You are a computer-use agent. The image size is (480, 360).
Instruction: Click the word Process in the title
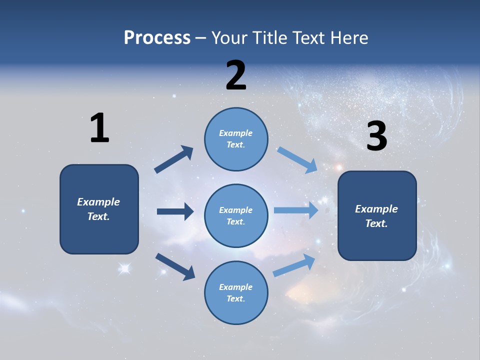[x=157, y=38]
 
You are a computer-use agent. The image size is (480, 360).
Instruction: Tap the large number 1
[x=99, y=128]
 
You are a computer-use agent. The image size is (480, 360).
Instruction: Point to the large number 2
[x=236, y=75]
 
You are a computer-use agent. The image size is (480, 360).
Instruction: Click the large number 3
[x=376, y=136]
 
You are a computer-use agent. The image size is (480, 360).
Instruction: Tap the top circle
[x=236, y=138]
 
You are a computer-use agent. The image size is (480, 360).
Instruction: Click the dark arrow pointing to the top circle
[x=174, y=159]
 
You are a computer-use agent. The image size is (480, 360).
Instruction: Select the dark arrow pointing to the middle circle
[x=175, y=211]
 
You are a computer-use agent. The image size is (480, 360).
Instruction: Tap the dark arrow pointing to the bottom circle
[x=175, y=266]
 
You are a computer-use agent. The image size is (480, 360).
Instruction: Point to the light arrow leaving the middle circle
[x=296, y=210]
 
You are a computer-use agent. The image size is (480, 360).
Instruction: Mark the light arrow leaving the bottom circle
[x=294, y=265]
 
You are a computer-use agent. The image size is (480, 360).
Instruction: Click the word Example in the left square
[x=98, y=202]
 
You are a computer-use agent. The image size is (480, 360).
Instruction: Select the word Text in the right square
[x=376, y=223]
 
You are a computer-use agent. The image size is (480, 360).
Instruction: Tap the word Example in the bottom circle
[x=235, y=287]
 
